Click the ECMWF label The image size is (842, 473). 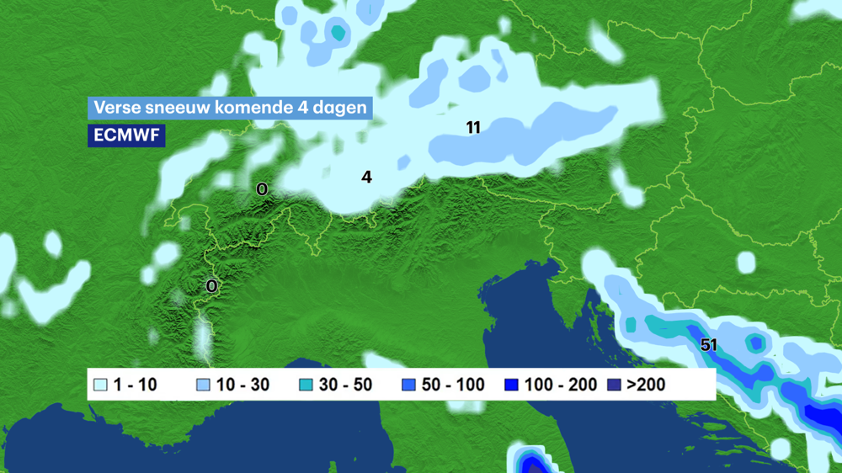click(126, 136)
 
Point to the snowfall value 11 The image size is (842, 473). click(473, 128)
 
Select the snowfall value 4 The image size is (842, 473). click(366, 177)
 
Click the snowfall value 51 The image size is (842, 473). click(708, 345)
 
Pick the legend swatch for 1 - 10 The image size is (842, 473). click(101, 385)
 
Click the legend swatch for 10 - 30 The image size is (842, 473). click(203, 385)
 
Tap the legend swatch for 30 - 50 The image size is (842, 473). click(306, 385)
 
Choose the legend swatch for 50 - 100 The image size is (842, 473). click(409, 385)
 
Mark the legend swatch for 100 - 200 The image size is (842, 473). click(510, 385)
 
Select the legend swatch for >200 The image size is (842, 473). click(614, 385)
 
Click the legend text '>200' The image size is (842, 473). click(647, 385)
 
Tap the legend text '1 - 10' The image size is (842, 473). click(136, 385)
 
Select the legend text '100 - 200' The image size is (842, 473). click(559, 385)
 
